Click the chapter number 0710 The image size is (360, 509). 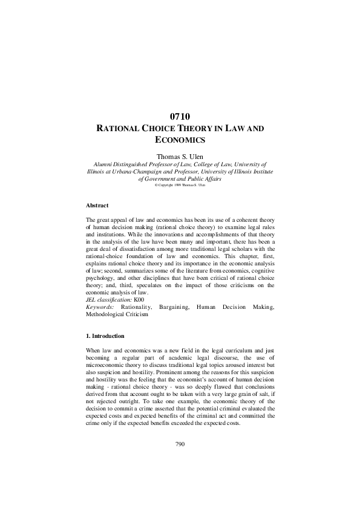(x=180, y=116)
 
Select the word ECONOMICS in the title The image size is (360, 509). (x=180, y=140)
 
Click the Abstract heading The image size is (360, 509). (x=97, y=206)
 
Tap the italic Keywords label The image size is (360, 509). (x=100, y=307)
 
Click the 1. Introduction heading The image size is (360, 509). (x=105, y=336)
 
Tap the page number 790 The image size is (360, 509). (x=180, y=444)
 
